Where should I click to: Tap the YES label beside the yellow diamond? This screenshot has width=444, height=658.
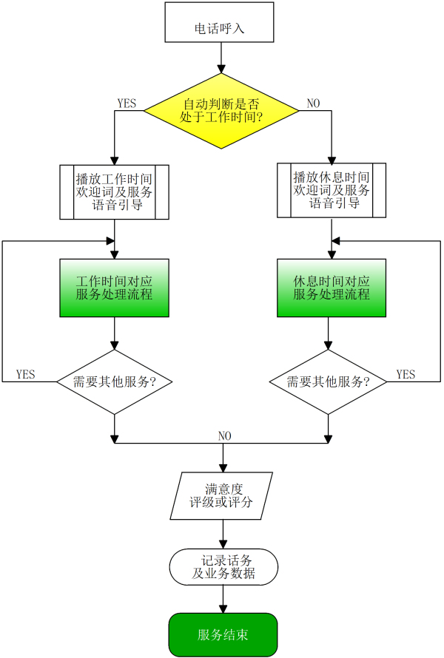127,104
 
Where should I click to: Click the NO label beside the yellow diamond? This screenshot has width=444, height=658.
314,104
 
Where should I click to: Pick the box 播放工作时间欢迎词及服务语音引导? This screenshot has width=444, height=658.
114,191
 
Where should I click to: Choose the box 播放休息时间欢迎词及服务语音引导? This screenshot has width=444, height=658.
332,190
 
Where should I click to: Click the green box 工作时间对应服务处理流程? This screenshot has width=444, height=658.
114,288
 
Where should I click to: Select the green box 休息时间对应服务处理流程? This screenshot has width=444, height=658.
332,288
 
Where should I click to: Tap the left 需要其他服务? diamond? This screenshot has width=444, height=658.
114,381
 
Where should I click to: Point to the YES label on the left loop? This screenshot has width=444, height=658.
25,374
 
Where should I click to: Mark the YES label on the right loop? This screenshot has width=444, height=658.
406,374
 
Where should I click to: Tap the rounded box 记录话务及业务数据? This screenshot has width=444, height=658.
223,567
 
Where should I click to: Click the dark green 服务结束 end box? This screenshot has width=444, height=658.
223,634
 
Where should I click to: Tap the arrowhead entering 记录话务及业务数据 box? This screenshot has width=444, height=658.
223,544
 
